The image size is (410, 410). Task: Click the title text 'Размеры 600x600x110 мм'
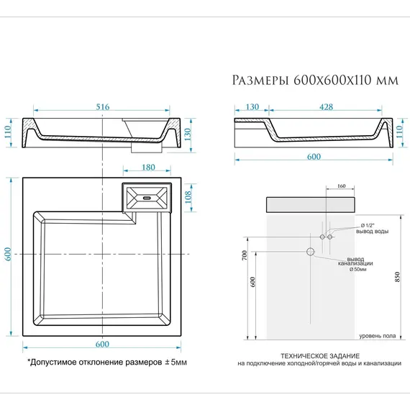[315, 79]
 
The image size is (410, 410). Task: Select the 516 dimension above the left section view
[103, 106]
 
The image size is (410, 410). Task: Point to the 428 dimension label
[325, 106]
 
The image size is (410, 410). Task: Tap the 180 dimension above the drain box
[147, 168]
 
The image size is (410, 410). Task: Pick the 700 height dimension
[245, 255]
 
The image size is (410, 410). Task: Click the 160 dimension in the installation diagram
[341, 186]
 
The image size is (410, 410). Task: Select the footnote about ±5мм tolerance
[106, 362]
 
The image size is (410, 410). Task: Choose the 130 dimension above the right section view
[252, 106]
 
